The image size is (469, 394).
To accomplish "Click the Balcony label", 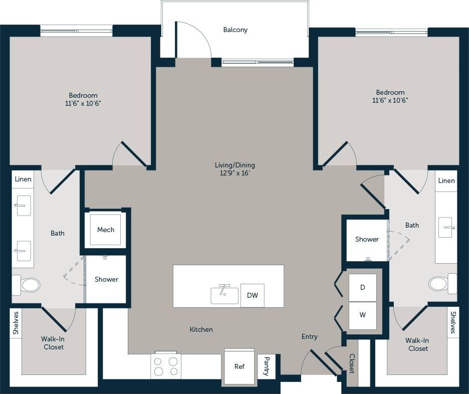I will pyautogui.click(x=235, y=30).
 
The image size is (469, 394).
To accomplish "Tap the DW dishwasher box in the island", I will pyautogui.click(x=252, y=295).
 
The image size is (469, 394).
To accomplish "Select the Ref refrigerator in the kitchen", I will pyautogui.click(x=240, y=366).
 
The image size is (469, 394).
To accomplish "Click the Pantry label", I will pyautogui.click(x=267, y=367).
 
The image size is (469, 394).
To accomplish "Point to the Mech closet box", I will pyautogui.click(x=105, y=230).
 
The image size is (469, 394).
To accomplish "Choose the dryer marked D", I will pyautogui.click(x=362, y=287).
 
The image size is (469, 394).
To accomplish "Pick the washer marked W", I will pyautogui.click(x=362, y=315).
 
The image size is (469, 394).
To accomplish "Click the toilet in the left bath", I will pyautogui.click(x=27, y=285).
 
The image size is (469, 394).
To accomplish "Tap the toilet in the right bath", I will pyautogui.click(x=441, y=284).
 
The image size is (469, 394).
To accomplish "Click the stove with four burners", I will pyautogui.click(x=166, y=366).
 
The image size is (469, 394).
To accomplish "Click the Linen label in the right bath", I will pyautogui.click(x=446, y=180).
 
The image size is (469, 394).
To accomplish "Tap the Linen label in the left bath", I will pyautogui.click(x=23, y=179).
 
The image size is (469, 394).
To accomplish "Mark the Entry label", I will pyautogui.click(x=309, y=337).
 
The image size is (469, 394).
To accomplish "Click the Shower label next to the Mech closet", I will pyautogui.click(x=106, y=279).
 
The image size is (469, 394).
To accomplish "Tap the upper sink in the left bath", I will pyautogui.click(x=24, y=206).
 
